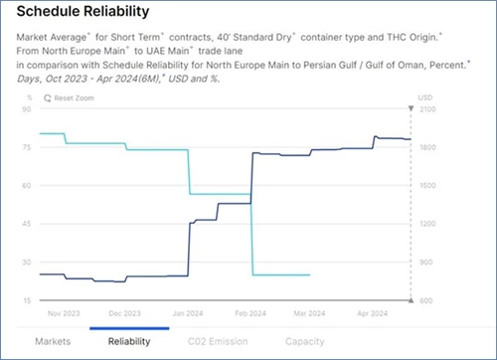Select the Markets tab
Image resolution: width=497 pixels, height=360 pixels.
coord(53,341)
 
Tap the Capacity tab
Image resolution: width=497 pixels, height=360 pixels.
coord(304,341)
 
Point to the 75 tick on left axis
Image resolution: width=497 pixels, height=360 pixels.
coord(29,147)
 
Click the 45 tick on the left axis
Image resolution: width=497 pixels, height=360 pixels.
coord(29,224)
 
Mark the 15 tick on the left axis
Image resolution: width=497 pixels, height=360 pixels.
coord(29,299)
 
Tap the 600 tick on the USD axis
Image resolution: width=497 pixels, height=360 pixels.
coord(426,299)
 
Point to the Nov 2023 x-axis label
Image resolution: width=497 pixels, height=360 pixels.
coord(62,312)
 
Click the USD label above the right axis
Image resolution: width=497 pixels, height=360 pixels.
coord(425,98)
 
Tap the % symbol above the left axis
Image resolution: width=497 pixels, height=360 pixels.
coord(30,98)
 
